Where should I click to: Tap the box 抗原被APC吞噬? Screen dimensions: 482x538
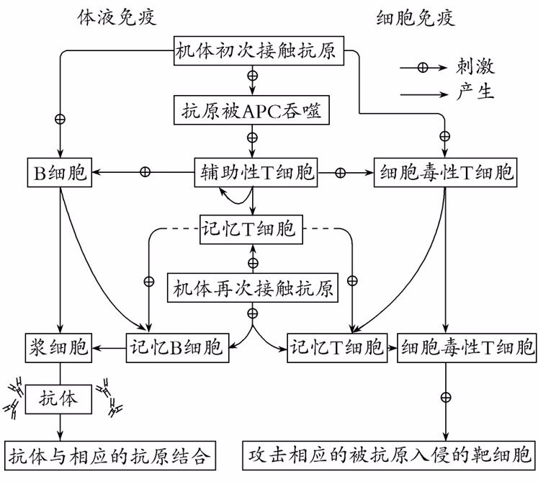(252, 112)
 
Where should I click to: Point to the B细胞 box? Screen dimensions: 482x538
(59, 172)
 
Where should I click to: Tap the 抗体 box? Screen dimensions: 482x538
(60, 397)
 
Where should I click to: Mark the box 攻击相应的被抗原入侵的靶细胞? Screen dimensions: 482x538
(389, 455)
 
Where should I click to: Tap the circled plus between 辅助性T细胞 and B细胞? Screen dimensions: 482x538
(145, 172)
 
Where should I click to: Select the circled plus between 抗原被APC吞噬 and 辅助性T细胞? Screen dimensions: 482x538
(252, 137)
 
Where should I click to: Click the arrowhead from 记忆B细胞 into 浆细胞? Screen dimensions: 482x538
(95, 347)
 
